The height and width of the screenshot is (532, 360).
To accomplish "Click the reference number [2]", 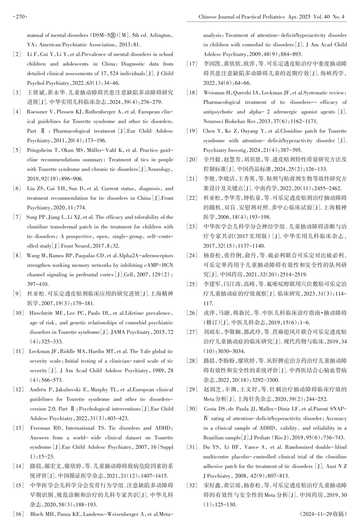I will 17,54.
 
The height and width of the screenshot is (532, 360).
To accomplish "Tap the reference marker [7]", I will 17,217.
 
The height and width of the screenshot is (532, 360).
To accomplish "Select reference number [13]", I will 19,428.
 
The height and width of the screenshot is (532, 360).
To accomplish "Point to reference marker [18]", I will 192,93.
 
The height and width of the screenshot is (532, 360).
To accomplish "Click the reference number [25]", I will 192,284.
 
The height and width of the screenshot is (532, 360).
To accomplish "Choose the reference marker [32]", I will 192,486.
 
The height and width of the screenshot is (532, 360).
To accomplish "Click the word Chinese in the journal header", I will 208,17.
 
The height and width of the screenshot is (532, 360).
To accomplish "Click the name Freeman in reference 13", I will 40,428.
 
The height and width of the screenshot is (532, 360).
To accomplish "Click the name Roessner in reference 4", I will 38,112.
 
